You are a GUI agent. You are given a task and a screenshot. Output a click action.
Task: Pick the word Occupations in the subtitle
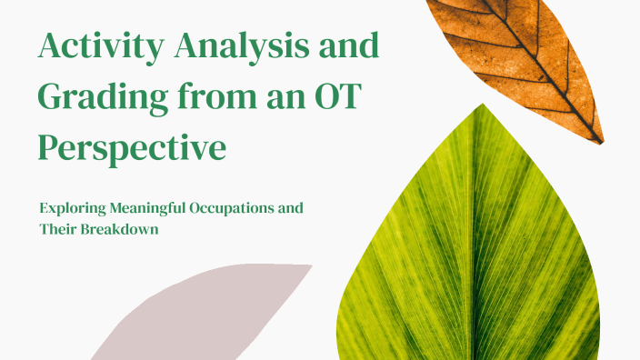tap(230, 208)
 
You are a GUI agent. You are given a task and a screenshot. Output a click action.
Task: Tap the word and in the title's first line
tap(348, 46)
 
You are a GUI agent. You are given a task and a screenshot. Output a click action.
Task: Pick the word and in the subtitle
tap(290, 208)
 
